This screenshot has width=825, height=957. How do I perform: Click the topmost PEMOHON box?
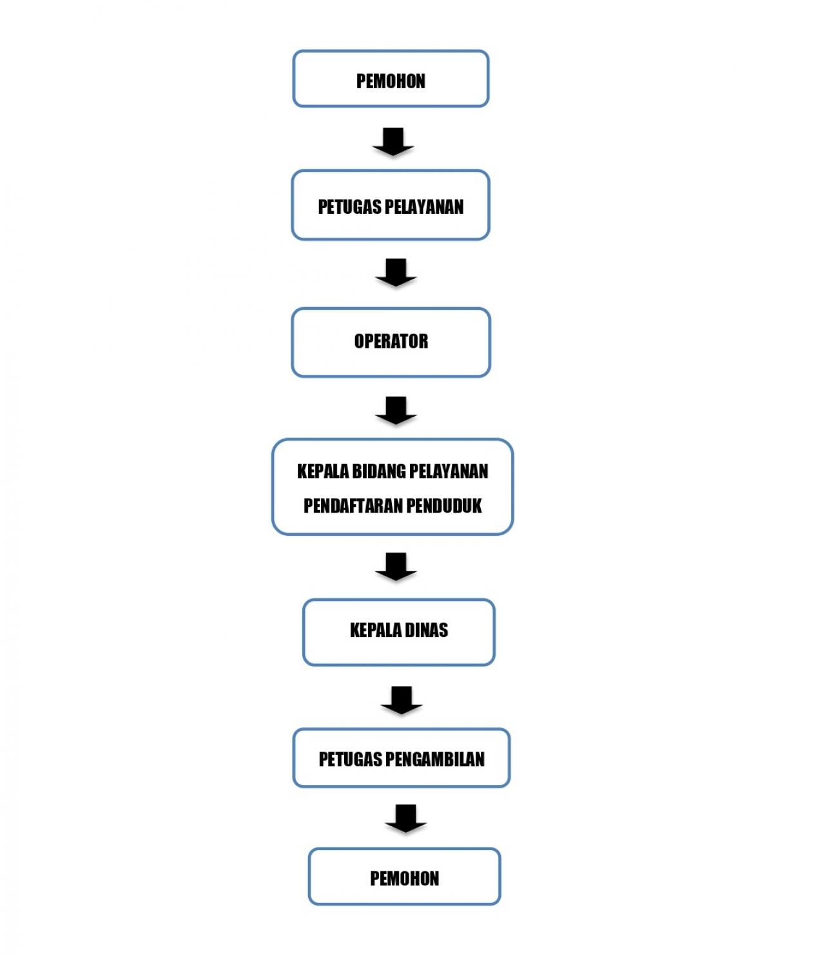(390, 79)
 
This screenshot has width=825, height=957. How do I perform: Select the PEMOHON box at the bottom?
(404, 876)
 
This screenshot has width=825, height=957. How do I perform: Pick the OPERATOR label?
(391, 341)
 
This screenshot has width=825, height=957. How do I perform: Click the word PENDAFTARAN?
(353, 506)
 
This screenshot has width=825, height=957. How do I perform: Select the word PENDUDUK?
(444, 506)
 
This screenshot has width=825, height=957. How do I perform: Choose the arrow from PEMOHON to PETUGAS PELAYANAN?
(393, 142)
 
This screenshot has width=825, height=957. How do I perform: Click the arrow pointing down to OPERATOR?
(396, 272)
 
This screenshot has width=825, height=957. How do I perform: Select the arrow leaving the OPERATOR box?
(396, 410)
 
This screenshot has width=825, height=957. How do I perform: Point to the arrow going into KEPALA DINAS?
(396, 566)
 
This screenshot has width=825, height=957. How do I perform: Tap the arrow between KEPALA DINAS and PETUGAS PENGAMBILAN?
(402, 700)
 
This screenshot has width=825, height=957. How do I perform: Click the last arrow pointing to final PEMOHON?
(405, 818)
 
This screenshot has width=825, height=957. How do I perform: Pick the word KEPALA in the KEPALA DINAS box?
(376, 630)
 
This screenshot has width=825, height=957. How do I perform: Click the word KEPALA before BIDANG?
(323, 471)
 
